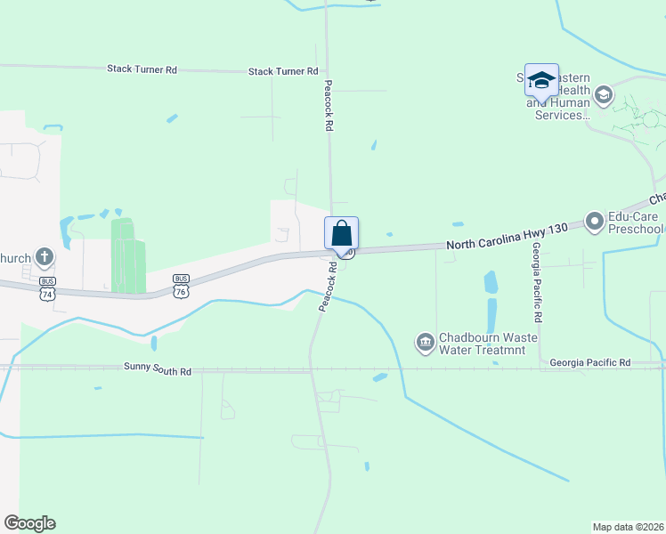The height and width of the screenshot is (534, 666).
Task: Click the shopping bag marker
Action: [x=341, y=234]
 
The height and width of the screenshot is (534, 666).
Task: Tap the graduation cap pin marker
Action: [x=541, y=81]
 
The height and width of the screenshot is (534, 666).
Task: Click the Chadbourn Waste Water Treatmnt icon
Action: [x=425, y=342]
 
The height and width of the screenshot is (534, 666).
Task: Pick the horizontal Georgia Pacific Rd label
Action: [x=589, y=363]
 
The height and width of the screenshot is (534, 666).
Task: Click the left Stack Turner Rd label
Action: [x=142, y=69]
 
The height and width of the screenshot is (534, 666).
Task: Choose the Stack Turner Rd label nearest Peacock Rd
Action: [x=283, y=71]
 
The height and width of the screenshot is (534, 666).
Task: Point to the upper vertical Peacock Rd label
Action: [x=328, y=106]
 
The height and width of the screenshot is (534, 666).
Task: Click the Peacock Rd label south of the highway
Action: [x=327, y=285]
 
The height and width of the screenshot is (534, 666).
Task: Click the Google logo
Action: [x=29, y=523]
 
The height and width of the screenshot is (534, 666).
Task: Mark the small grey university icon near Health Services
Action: [x=604, y=94]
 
